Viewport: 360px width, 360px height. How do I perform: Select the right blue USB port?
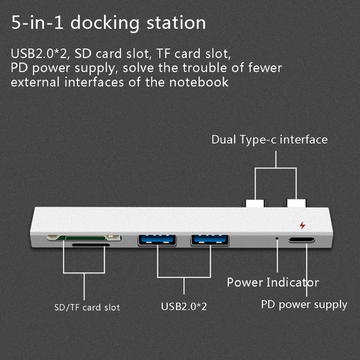coord(210,240)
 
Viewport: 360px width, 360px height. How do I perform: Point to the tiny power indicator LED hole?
coord(277,237)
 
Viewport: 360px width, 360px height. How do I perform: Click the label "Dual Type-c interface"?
coord(270,139)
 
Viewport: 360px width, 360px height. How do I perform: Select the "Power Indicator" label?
coord(273,283)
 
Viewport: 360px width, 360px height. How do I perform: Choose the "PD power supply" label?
coord(304,305)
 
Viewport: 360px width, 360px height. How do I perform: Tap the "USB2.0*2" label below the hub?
coord(184,307)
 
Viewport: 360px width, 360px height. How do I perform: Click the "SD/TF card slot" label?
coord(87,308)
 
